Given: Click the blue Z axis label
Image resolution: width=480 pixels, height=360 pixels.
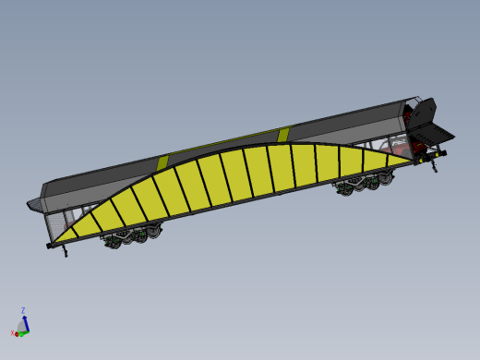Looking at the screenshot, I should tap(22, 310).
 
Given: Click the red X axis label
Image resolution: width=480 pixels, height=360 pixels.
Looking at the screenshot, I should tap(13, 332).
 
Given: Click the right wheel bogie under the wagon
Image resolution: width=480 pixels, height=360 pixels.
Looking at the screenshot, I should tap(360, 185).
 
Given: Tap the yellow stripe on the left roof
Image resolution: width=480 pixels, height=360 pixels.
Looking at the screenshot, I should tap(162, 162).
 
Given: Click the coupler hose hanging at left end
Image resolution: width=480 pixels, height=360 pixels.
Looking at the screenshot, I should tap(65, 253).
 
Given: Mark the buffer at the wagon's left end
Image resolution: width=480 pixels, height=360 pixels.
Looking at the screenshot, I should tap(49, 246).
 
